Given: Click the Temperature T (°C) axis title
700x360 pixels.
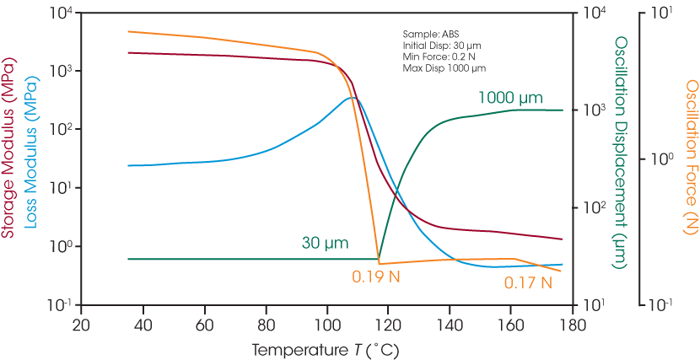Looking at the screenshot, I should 326,348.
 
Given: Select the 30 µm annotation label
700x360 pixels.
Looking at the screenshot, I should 325,244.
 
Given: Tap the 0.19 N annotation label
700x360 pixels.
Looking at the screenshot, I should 376,276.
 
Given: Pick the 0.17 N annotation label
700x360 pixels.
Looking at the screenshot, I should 528,282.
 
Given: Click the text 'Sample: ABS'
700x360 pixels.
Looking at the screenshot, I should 427,35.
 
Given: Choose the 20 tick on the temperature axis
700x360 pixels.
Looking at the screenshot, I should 81,325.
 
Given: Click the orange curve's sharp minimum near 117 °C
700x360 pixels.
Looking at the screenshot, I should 379,264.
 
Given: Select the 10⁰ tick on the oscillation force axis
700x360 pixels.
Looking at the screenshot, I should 659,158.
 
